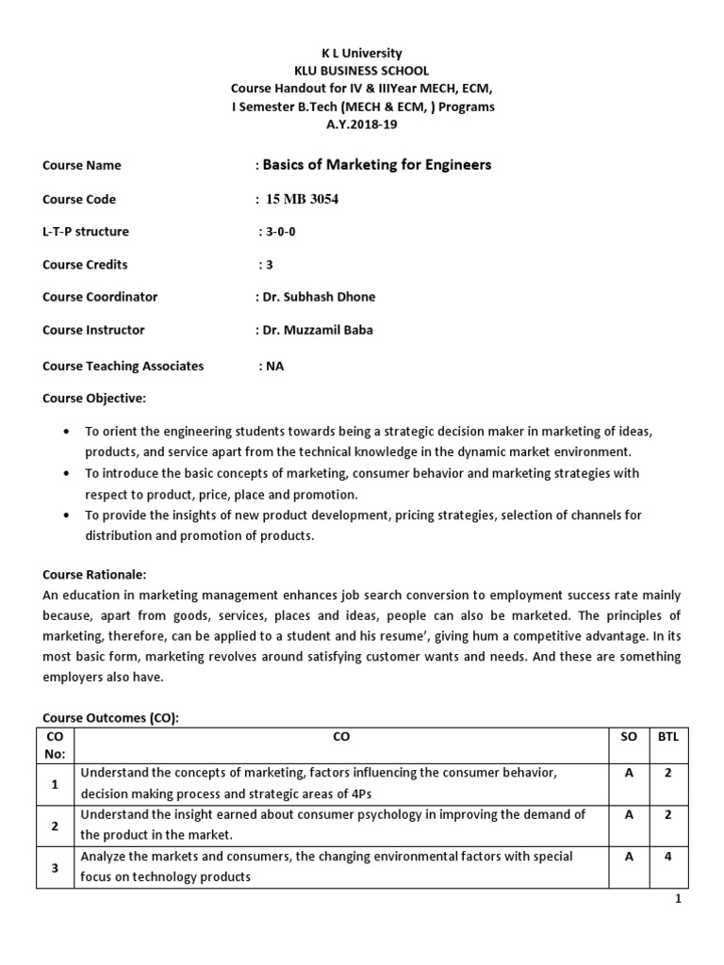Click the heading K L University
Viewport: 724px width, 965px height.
[362, 54]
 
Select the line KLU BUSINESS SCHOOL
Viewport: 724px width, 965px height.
[362, 71]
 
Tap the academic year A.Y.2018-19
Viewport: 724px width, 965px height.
[362, 124]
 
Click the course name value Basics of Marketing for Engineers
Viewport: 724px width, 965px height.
[376, 165]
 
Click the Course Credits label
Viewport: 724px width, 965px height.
[85, 265]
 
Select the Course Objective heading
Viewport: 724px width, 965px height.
[94, 399]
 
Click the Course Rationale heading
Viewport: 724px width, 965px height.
[94, 575]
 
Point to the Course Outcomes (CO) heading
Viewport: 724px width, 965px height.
[110, 718]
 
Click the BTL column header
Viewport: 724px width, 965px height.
[667, 736]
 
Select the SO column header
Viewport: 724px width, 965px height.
[628, 736]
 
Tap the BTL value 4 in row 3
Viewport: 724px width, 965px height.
[667, 857]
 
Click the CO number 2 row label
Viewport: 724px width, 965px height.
[56, 826]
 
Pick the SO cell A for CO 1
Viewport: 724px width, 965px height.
[628, 773]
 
